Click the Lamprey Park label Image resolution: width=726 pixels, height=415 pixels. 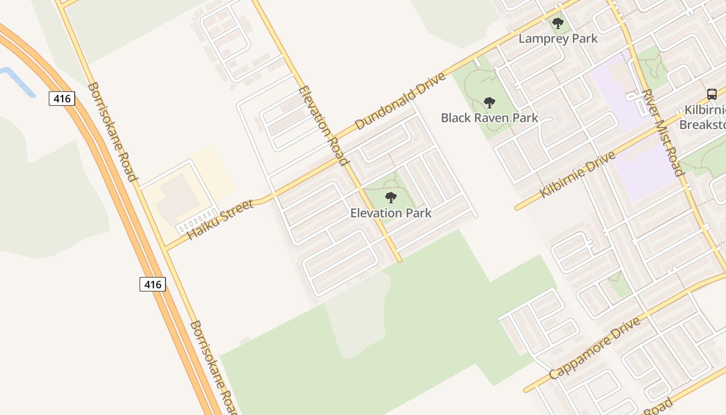click(x=558, y=39)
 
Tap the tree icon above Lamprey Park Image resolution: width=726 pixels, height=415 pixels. click(x=558, y=23)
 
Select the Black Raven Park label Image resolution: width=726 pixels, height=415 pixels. click(x=490, y=118)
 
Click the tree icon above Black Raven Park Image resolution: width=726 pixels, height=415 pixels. click(x=489, y=102)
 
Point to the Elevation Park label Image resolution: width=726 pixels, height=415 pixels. click(x=390, y=213)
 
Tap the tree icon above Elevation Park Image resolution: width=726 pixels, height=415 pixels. click(x=391, y=198)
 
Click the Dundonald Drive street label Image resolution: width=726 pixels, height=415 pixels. click(x=400, y=102)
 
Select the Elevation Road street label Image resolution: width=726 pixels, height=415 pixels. click(x=323, y=126)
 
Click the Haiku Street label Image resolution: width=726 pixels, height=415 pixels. click(x=220, y=219)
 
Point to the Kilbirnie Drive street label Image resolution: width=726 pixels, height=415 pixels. click(x=577, y=175)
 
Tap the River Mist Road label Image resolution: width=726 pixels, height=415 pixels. click(x=662, y=133)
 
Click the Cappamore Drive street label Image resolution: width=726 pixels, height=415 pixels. click(x=594, y=349)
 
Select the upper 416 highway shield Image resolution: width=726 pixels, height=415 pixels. click(x=62, y=98)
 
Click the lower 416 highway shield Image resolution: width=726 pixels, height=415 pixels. click(x=152, y=284)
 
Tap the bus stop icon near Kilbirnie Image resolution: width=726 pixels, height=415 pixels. click(x=712, y=94)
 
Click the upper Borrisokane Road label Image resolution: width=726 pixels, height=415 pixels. click(x=112, y=132)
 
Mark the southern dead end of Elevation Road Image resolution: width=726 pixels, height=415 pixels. click(x=398, y=259)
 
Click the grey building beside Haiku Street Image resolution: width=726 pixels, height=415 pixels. click(x=176, y=197)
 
